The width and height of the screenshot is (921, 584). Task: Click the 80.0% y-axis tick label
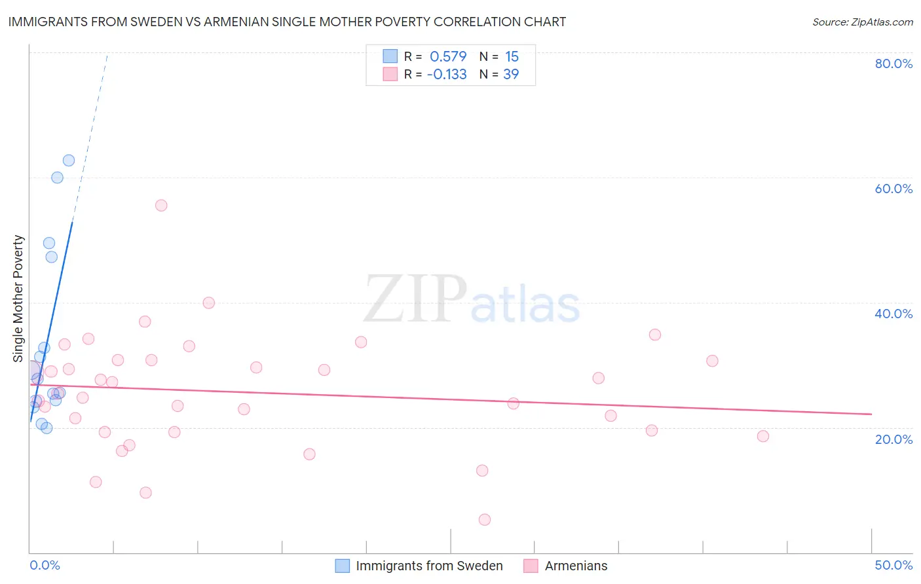893,64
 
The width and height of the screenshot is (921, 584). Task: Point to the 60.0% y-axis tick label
893,189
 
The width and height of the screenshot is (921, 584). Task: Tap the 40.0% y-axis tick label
893,314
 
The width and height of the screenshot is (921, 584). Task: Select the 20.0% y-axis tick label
893,439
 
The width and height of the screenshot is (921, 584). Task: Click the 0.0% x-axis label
45,565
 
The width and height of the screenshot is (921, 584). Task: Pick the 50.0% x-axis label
893,565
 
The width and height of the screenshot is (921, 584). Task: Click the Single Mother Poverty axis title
18,299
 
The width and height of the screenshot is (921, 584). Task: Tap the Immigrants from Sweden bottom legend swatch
343,566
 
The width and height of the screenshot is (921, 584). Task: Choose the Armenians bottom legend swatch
531,566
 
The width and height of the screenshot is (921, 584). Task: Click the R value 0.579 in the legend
448,56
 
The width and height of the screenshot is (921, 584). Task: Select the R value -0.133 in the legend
447,74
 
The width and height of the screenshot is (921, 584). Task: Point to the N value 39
511,74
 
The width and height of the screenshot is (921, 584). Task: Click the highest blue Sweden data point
69,160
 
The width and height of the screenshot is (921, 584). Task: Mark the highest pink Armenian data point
161,206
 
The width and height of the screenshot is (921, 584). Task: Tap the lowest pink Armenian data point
485,520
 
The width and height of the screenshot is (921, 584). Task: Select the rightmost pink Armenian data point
763,436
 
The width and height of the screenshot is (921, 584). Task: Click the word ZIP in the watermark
415,299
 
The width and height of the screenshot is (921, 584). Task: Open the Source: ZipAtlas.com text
862,22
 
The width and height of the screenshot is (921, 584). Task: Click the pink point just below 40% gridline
209,302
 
